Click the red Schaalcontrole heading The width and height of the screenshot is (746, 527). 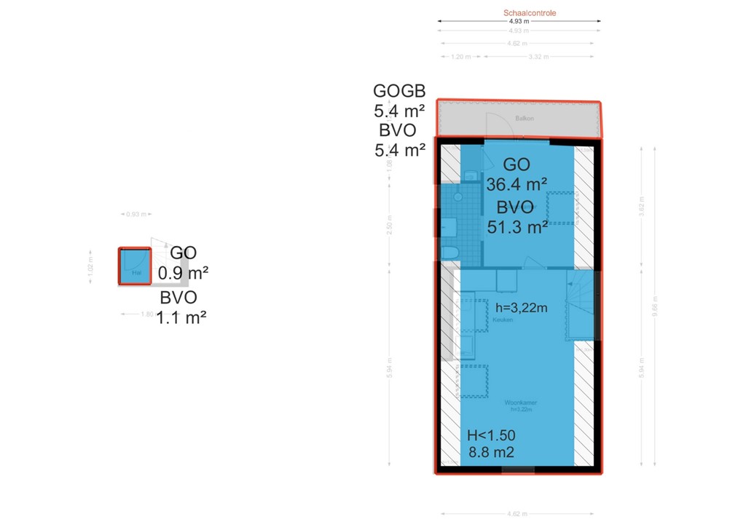pos(530,13)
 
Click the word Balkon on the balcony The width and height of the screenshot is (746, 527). pos(521,117)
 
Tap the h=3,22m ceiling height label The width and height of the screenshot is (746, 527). pos(521,307)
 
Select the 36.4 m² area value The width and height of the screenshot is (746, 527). pos(517,184)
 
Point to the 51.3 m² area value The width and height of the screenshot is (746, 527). pos(517,227)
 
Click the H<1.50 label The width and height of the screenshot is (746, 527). pos(491,435)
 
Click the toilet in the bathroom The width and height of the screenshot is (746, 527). pos(449,253)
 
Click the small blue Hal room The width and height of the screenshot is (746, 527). pos(134,266)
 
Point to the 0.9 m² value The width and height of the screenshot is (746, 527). pos(184,274)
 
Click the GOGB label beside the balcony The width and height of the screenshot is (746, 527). pos(399,91)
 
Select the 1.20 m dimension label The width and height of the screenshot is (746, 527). pos(458,57)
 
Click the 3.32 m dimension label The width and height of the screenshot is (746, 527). pos(538,57)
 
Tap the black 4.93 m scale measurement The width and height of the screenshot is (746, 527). pos(519,21)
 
